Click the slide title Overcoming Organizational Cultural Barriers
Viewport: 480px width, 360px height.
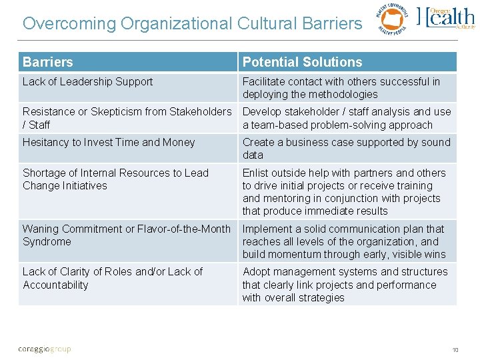(x=192, y=23)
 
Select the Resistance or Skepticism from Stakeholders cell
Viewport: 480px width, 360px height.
(x=127, y=118)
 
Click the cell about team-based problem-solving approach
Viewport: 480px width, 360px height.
(x=347, y=118)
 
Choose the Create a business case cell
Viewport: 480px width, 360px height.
(x=347, y=148)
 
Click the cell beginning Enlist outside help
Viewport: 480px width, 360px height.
(x=347, y=191)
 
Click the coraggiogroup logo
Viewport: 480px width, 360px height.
(x=44, y=349)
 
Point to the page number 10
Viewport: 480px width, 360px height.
(x=455, y=349)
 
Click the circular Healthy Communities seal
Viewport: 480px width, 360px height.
(x=391, y=19)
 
